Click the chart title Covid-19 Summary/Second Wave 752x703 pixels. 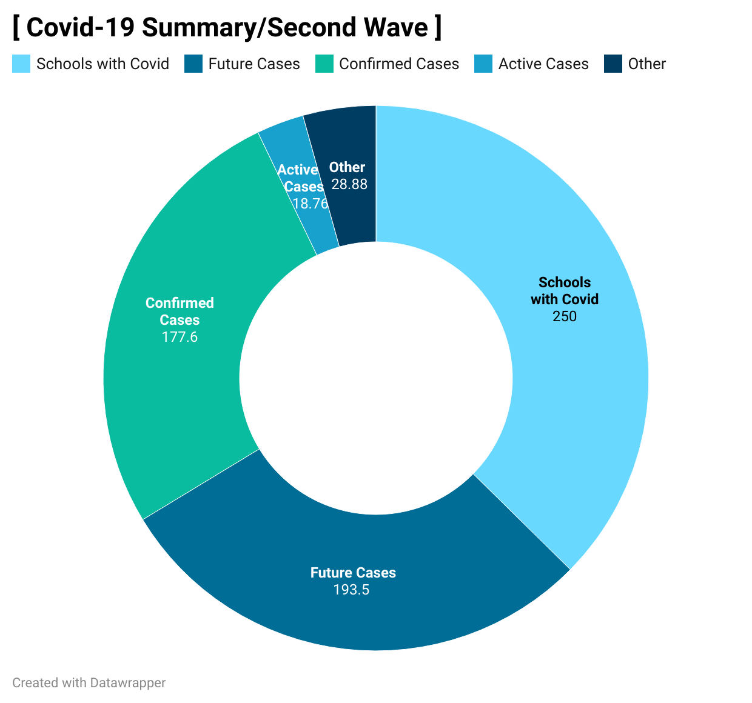227,27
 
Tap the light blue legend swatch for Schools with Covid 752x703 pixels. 21,64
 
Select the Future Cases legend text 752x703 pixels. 254,64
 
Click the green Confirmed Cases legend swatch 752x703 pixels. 324,64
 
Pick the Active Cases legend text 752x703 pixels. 543,64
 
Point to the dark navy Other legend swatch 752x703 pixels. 613,64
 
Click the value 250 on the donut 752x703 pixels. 564,316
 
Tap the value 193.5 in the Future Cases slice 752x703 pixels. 351,590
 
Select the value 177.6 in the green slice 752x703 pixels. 180,337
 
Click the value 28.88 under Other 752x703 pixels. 349,184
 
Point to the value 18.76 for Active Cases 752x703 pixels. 310,204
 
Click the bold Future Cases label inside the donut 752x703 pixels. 353,572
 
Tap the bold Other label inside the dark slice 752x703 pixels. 347,167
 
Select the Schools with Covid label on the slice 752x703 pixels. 564,291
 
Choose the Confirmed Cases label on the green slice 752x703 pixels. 180,311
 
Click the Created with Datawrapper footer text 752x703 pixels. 89,682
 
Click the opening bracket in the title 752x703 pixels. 16,27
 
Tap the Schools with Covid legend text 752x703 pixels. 102,64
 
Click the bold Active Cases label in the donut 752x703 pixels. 301,178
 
